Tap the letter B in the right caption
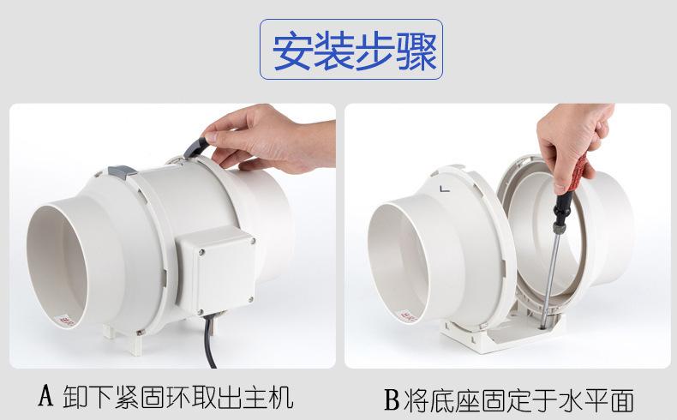click(x=392, y=399)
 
